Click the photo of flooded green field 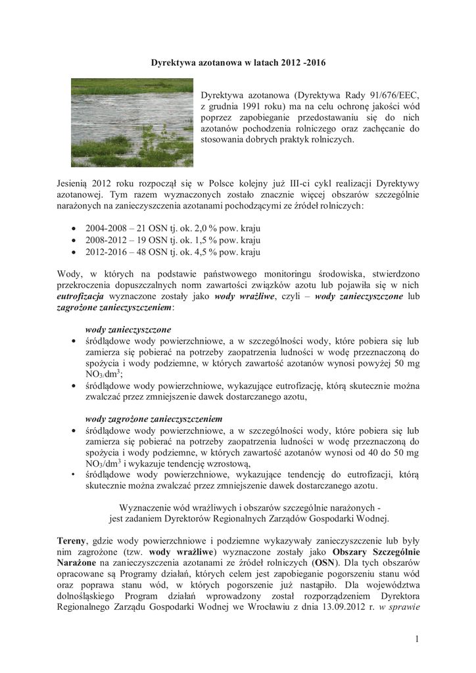[132, 123]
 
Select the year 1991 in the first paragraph [253, 106]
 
